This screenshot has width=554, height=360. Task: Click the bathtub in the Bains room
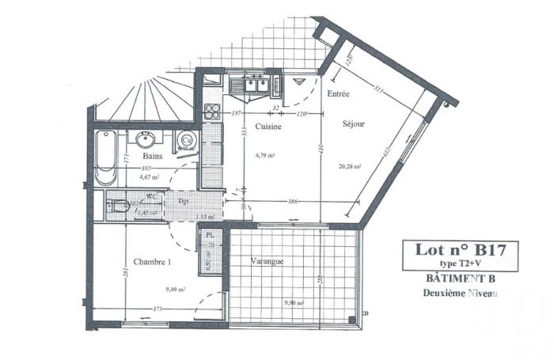coord(105,157)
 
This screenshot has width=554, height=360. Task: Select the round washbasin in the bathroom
coord(145,140)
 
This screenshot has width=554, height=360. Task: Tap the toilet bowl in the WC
coord(118,208)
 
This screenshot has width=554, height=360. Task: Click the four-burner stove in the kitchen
coord(212,112)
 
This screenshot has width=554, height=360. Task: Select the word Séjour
coord(353,124)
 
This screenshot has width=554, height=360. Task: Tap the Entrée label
coord(339,94)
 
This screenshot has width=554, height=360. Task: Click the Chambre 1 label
coord(152,262)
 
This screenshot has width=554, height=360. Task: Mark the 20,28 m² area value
coord(349,167)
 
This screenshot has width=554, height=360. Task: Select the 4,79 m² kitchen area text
coord(264,155)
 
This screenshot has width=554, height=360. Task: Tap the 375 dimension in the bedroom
coord(158,309)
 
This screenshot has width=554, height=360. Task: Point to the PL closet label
coord(210,236)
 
